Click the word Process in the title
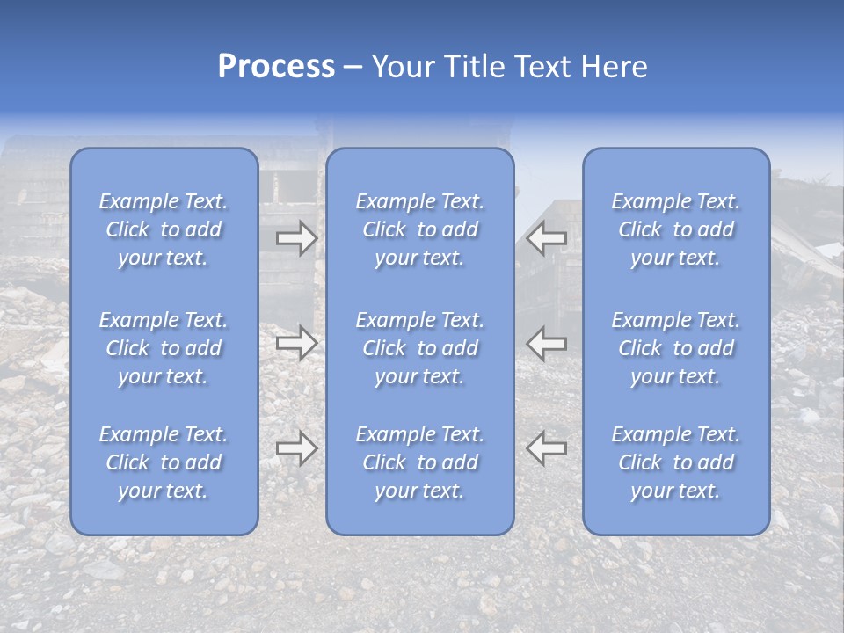click(x=276, y=66)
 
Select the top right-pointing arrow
click(x=296, y=238)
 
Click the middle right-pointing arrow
click(x=296, y=343)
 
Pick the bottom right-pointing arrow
click(x=296, y=448)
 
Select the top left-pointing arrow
click(x=547, y=238)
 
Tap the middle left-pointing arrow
click(x=547, y=343)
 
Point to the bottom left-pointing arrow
click(x=547, y=448)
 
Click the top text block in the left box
click(x=164, y=229)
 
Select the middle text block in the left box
click(x=164, y=348)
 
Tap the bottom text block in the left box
click(x=164, y=462)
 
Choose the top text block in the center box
click(x=420, y=229)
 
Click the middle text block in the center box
click(x=420, y=348)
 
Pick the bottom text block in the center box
click(x=420, y=462)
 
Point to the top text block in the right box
click(x=676, y=229)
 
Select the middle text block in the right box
click(x=676, y=348)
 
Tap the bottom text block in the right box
click(x=676, y=462)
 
